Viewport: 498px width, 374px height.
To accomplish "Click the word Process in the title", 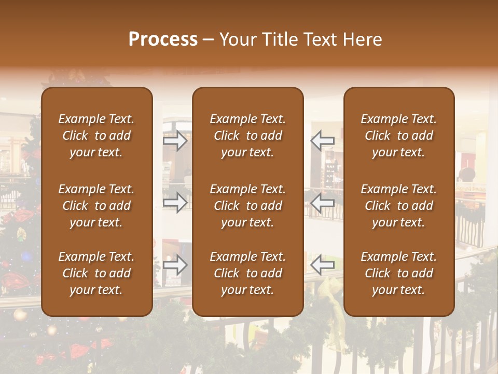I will [x=163, y=39].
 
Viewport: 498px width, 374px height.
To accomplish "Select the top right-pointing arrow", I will [x=175, y=141].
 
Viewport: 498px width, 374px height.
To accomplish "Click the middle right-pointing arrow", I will [x=175, y=203].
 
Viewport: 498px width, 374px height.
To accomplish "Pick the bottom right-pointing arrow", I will [x=175, y=265].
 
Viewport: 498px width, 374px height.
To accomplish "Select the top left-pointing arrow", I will [x=322, y=141].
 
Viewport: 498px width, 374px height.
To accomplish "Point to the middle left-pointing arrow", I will [x=322, y=203].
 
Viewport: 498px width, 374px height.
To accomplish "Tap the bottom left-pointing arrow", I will [x=322, y=265].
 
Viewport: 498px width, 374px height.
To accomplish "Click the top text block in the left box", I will [x=96, y=136].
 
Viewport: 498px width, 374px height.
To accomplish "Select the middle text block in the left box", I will [x=96, y=206].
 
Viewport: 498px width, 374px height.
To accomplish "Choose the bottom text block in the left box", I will [x=96, y=273].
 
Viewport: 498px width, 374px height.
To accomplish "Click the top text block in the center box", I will [x=247, y=136].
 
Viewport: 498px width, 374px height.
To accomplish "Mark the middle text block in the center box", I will [x=247, y=206].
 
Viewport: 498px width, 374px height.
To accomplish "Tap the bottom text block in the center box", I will [x=247, y=273].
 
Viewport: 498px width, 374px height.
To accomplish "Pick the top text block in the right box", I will [x=398, y=136].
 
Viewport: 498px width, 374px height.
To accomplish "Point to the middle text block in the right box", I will [x=398, y=206].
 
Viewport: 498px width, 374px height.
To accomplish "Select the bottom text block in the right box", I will [x=398, y=273].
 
